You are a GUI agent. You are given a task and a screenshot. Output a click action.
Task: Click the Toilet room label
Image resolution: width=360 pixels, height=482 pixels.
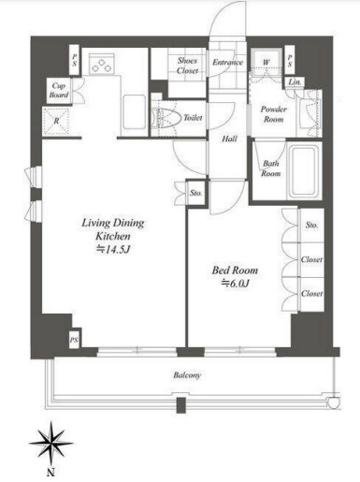coord(193,118)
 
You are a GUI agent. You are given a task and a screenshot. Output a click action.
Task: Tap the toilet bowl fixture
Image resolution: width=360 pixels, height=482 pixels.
coord(166,118)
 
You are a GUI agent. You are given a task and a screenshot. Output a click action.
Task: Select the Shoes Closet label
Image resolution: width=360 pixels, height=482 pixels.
coord(187,66)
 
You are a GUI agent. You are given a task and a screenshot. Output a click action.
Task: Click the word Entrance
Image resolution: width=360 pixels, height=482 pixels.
coord(227,62)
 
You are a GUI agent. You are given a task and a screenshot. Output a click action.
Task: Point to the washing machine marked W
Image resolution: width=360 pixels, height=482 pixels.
coord(266,63)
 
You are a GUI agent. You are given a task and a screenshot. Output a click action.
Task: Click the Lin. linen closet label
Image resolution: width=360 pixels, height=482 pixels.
coord(295,82)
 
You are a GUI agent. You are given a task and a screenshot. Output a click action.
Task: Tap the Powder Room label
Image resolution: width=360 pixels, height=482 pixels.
coord(274,114)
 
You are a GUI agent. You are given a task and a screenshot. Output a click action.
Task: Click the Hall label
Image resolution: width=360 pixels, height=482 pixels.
coord(229,139)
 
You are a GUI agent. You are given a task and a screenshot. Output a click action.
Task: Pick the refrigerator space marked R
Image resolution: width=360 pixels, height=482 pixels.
coord(56,121)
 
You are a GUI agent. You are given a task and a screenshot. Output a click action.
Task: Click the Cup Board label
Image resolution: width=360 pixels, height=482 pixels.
coord(59,90)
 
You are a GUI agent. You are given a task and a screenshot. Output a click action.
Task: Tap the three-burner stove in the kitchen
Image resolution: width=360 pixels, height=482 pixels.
coord(102,64)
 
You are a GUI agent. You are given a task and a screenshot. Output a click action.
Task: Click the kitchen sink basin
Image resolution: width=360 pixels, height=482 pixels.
coord(135,112)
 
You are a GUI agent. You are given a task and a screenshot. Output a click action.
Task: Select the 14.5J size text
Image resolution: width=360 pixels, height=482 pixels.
coord(113,249)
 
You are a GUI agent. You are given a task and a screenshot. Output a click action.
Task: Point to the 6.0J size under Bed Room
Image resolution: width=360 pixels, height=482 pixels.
coord(235,283)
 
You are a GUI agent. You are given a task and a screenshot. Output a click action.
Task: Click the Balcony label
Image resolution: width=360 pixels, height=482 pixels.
coord(187,374)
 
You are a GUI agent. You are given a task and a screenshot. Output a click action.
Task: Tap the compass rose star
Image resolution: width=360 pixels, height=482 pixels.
coord(50,443)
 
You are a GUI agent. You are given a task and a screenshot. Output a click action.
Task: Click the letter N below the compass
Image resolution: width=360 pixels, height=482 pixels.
coord(50,472)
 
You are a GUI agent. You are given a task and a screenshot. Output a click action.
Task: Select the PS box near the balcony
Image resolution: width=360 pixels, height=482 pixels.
coord(74,340)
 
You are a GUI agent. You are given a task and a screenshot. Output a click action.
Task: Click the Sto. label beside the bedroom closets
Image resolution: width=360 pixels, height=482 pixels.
coord(311,225)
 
